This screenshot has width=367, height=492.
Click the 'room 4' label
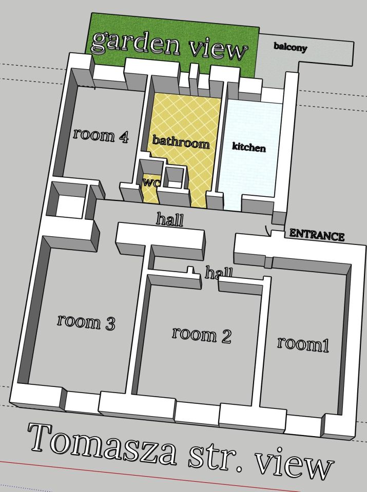101,135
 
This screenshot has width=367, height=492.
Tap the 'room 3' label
86,322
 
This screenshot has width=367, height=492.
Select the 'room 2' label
202,335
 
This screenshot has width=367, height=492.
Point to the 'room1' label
303,344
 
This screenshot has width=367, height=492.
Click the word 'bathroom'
181,142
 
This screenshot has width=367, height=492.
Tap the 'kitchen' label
249,147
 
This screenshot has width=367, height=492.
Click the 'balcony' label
290,47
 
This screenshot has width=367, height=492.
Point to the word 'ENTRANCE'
317,235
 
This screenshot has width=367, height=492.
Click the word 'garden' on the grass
136,43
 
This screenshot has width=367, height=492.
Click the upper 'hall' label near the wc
170,219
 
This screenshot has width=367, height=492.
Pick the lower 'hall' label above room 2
219,272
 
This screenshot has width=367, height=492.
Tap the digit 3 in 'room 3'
110,324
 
